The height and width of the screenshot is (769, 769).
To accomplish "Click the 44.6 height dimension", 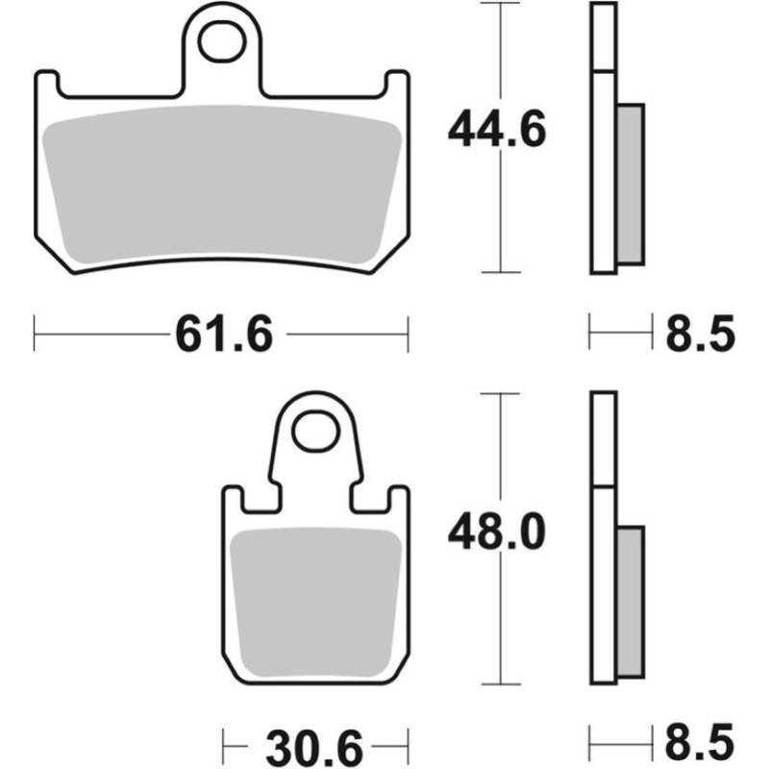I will pyautogui.click(x=496, y=130).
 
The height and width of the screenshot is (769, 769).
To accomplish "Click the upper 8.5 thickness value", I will pyautogui.click(x=700, y=335).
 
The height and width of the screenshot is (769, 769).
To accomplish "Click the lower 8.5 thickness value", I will pyautogui.click(x=700, y=743).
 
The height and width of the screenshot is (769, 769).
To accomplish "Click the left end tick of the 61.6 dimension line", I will pyautogui.click(x=35, y=335).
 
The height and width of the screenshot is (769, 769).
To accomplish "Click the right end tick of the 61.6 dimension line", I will pyautogui.click(x=409, y=335).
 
